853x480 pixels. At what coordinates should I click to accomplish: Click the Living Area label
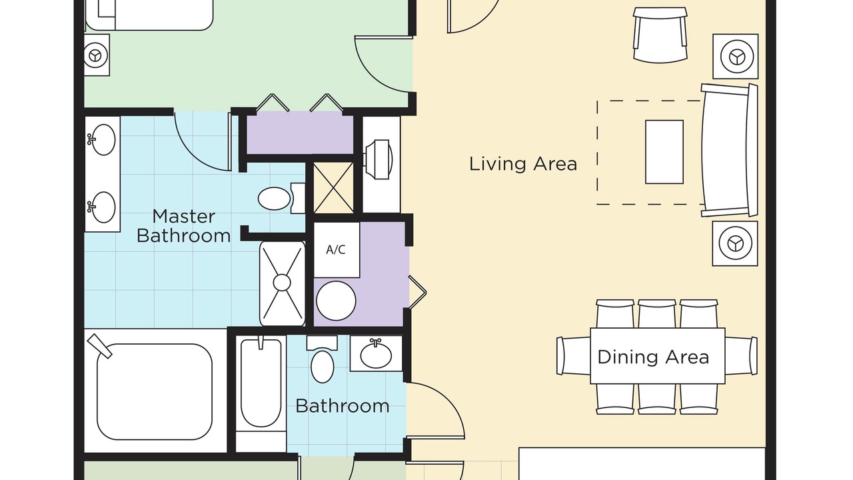point(523,164)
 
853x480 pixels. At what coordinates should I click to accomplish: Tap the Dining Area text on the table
point(653,357)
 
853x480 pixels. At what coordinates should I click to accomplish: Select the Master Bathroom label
point(183,226)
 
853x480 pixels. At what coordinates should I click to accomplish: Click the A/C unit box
point(337,250)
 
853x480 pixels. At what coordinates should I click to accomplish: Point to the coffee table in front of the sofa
point(664,152)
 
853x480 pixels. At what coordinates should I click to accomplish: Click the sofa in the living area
point(729,151)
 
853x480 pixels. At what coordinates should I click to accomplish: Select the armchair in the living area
point(660,35)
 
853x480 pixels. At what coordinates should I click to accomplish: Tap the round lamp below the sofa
point(735,243)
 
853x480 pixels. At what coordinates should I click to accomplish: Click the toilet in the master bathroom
point(281,199)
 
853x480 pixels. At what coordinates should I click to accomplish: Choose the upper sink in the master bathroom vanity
point(103,140)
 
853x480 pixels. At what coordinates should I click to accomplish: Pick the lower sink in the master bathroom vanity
point(103,207)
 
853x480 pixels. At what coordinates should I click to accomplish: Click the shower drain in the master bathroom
point(282,283)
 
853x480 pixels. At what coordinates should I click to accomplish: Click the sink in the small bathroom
point(376,354)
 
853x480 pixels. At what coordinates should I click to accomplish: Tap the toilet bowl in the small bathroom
point(323,367)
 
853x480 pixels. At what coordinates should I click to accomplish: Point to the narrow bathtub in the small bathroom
point(261,383)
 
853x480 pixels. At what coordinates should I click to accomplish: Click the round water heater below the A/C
point(337,301)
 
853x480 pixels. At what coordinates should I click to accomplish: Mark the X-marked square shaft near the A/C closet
point(333,187)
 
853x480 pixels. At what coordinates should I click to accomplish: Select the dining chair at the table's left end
point(574,356)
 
